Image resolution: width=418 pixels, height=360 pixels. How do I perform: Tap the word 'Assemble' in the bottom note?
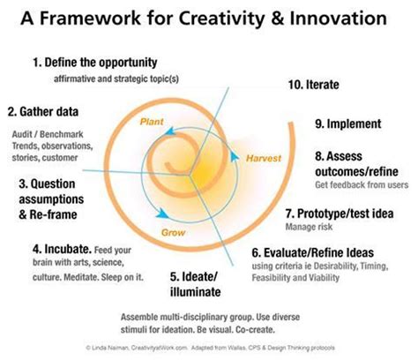[139, 316]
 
